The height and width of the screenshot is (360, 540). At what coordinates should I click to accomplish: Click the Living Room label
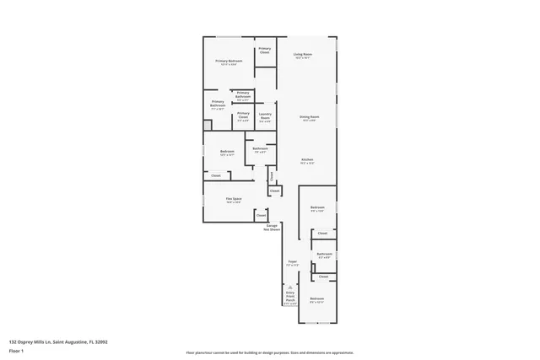click(x=302, y=56)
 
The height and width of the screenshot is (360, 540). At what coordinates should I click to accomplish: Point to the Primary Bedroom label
click(x=228, y=62)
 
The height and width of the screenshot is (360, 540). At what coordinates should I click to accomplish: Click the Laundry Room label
click(x=265, y=117)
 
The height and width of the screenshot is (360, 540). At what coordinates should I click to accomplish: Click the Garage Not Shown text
click(x=272, y=228)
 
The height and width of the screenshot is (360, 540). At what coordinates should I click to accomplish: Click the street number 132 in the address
click(x=13, y=341)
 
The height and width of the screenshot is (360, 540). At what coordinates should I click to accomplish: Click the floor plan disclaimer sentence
click(x=270, y=352)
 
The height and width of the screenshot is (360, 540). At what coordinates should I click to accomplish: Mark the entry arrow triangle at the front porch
click(x=290, y=287)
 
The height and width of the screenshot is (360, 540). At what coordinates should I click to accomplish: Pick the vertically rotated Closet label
click(x=272, y=175)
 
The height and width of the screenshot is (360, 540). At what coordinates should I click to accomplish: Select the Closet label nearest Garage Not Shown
click(x=262, y=216)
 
